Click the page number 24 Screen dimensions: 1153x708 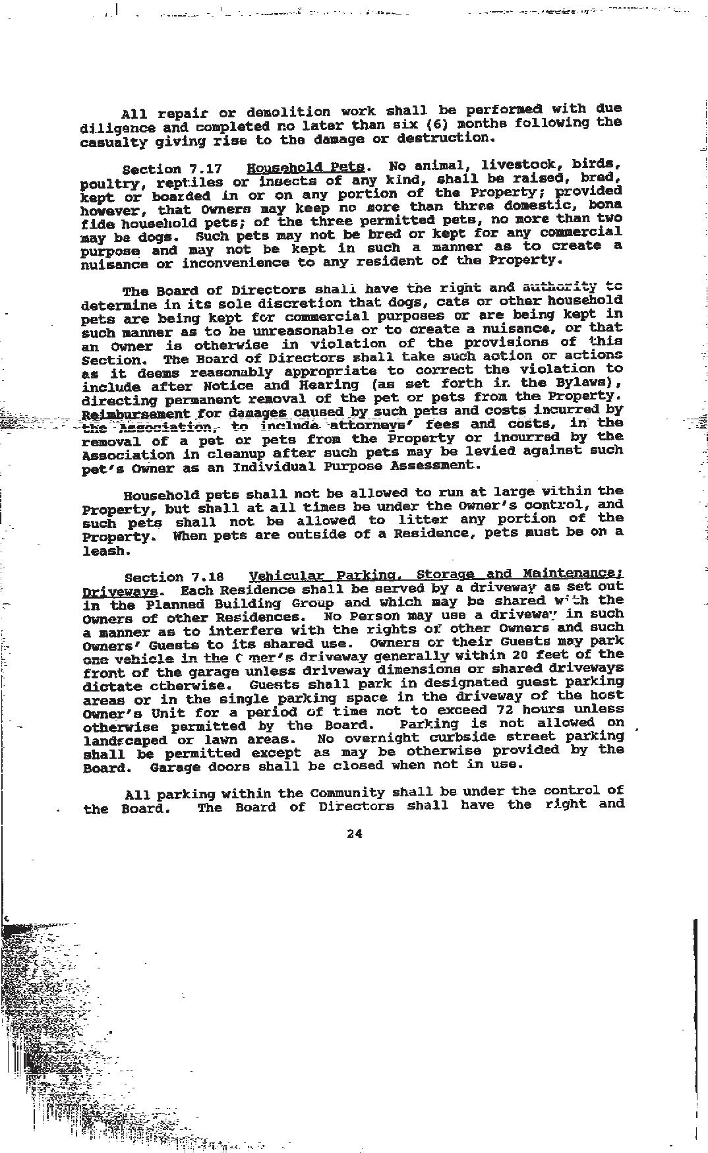tap(354, 833)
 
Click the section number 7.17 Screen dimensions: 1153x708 tap(206, 169)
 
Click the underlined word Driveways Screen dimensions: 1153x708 tap(120, 591)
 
